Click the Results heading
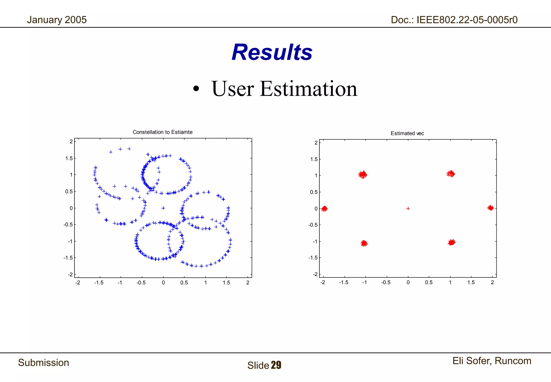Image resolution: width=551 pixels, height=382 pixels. pyautogui.click(x=272, y=52)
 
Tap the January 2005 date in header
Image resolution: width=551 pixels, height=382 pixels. pyautogui.click(x=57, y=20)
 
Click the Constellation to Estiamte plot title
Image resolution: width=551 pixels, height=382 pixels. pyautogui.click(x=163, y=132)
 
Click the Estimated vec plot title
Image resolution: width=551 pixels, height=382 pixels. pyautogui.click(x=407, y=133)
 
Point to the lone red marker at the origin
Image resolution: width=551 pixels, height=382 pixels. pyautogui.click(x=408, y=209)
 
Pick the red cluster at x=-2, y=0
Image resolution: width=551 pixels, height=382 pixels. pyautogui.click(x=324, y=209)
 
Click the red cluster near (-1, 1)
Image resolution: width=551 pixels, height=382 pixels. pyautogui.click(x=363, y=175)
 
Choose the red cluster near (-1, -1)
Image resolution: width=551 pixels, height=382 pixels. pyautogui.click(x=364, y=244)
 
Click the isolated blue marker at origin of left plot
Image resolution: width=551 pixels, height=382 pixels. pyautogui.click(x=163, y=208)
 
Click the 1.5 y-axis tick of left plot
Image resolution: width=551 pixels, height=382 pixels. pyautogui.click(x=69, y=158)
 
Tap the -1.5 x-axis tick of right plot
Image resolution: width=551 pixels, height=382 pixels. pyautogui.click(x=344, y=282)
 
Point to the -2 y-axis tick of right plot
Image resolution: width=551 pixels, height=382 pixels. pyautogui.click(x=315, y=275)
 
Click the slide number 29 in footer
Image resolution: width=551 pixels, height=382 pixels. pyautogui.click(x=276, y=365)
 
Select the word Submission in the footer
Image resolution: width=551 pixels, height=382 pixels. pyautogui.click(x=44, y=363)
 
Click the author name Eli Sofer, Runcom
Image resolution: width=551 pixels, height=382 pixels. pyautogui.click(x=492, y=361)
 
